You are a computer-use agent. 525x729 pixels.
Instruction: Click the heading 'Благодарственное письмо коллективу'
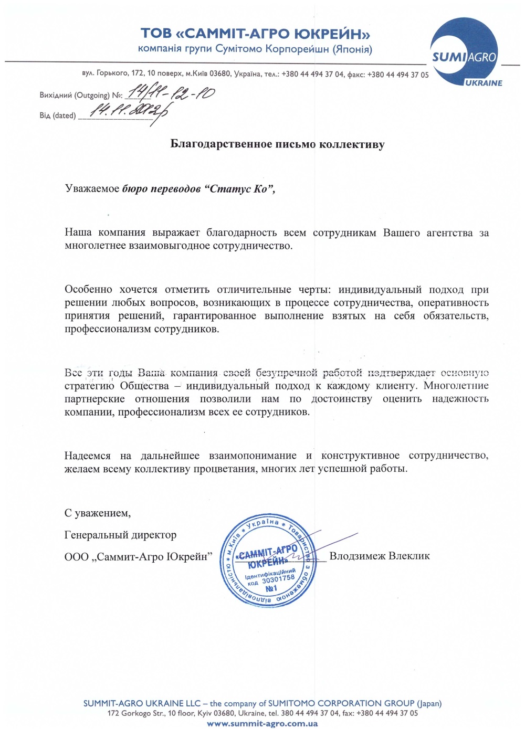277,144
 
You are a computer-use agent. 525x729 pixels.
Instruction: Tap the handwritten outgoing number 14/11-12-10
171,94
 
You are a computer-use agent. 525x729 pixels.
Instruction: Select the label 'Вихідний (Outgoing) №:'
81,96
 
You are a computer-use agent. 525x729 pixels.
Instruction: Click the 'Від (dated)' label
58,115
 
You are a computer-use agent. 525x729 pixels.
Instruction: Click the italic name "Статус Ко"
240,189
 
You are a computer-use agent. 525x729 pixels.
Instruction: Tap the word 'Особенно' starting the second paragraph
88,289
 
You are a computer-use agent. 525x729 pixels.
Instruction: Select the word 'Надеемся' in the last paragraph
88,456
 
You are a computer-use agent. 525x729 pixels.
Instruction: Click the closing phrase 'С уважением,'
98,513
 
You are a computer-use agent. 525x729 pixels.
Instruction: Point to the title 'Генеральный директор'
120,535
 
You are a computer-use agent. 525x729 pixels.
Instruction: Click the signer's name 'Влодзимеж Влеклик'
379,556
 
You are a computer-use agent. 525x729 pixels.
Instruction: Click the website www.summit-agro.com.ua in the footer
262,723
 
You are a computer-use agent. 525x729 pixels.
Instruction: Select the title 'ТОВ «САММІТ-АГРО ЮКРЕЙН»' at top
255,34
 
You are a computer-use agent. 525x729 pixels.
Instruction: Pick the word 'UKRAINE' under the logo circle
483,83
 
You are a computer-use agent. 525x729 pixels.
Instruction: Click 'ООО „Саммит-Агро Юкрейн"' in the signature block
138,556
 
